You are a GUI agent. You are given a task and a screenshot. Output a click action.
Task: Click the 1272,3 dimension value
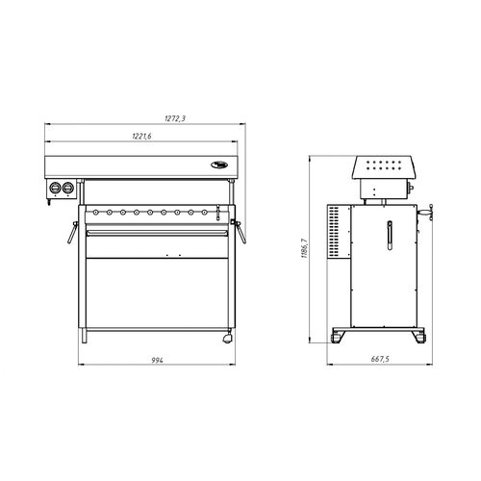(175, 118)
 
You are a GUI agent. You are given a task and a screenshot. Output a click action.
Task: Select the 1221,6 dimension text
(141, 136)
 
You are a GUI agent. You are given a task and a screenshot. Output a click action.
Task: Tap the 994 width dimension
(157, 360)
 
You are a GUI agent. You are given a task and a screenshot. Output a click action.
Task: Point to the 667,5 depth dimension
(380, 359)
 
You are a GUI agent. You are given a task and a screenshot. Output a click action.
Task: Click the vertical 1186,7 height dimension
(304, 248)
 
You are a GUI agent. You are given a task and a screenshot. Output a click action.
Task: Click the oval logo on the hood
(219, 165)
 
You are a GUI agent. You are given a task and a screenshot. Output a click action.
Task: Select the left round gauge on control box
(56, 188)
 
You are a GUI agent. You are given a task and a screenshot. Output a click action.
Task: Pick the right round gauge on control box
(68, 188)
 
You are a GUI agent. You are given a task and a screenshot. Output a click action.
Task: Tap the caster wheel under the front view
(228, 339)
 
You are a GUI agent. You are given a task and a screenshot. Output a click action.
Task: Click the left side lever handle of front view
(72, 232)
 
